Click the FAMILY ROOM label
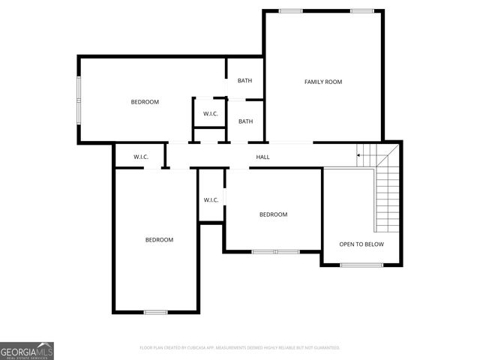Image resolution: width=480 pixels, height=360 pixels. (322, 82)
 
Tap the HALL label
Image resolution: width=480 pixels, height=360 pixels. (262, 157)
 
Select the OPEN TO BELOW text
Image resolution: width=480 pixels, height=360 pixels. (361, 244)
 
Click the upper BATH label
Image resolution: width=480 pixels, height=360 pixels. (245, 81)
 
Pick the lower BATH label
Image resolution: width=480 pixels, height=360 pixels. (245, 121)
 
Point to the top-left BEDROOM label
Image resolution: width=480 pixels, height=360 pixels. (145, 102)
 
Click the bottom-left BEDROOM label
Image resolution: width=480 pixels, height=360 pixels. (159, 240)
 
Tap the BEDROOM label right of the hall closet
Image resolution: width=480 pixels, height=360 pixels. (273, 214)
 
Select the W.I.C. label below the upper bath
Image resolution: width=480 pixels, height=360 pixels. (210, 114)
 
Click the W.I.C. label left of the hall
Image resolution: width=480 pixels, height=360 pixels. (141, 157)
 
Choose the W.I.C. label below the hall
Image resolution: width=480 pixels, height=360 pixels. (211, 199)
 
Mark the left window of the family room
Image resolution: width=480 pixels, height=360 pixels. (290, 10)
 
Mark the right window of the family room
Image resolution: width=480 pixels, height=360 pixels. (362, 10)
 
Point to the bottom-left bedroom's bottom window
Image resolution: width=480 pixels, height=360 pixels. (155, 311)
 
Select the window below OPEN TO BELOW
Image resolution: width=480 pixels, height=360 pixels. (361, 265)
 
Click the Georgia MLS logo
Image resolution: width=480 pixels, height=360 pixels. (27, 350)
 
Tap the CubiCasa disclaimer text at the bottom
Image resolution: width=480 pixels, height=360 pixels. (240, 347)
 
